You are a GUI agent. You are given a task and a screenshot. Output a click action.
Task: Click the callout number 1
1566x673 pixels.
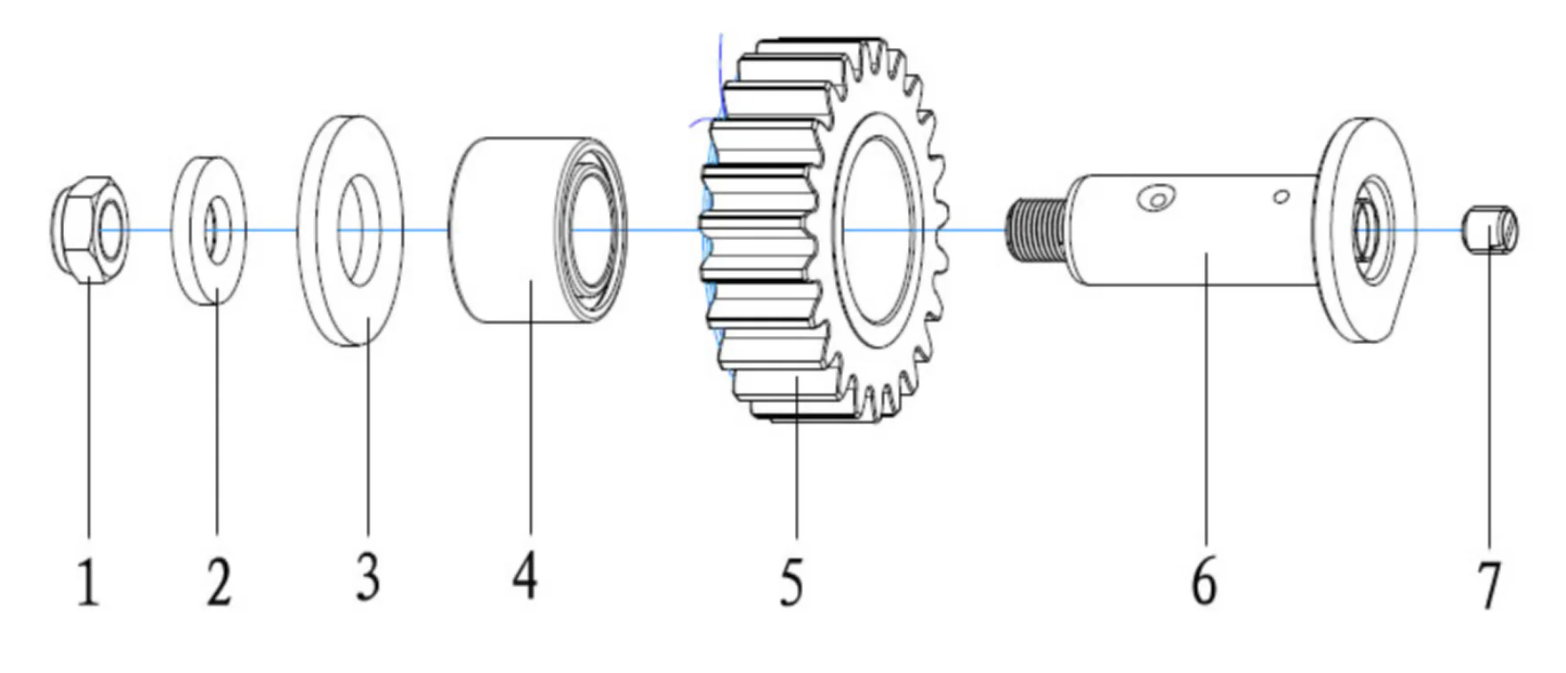87,583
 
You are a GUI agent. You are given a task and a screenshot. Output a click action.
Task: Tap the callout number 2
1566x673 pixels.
218,581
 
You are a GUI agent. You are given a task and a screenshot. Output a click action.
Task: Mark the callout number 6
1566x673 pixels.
1204,581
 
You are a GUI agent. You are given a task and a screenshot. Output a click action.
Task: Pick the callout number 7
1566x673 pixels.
1489,584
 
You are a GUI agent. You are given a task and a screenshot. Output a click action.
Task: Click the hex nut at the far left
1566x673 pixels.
90,230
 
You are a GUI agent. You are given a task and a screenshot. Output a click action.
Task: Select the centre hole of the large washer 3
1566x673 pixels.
358,230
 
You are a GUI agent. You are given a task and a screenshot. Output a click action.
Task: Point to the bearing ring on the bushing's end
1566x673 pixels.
593,230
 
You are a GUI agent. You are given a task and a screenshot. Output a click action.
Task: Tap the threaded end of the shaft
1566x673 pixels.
1036,230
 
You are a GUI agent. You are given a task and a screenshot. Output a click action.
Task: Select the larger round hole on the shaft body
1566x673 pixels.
1154,198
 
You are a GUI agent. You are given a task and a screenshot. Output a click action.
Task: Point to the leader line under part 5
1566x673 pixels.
797,462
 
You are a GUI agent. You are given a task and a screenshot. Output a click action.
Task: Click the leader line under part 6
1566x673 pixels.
1205,400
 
